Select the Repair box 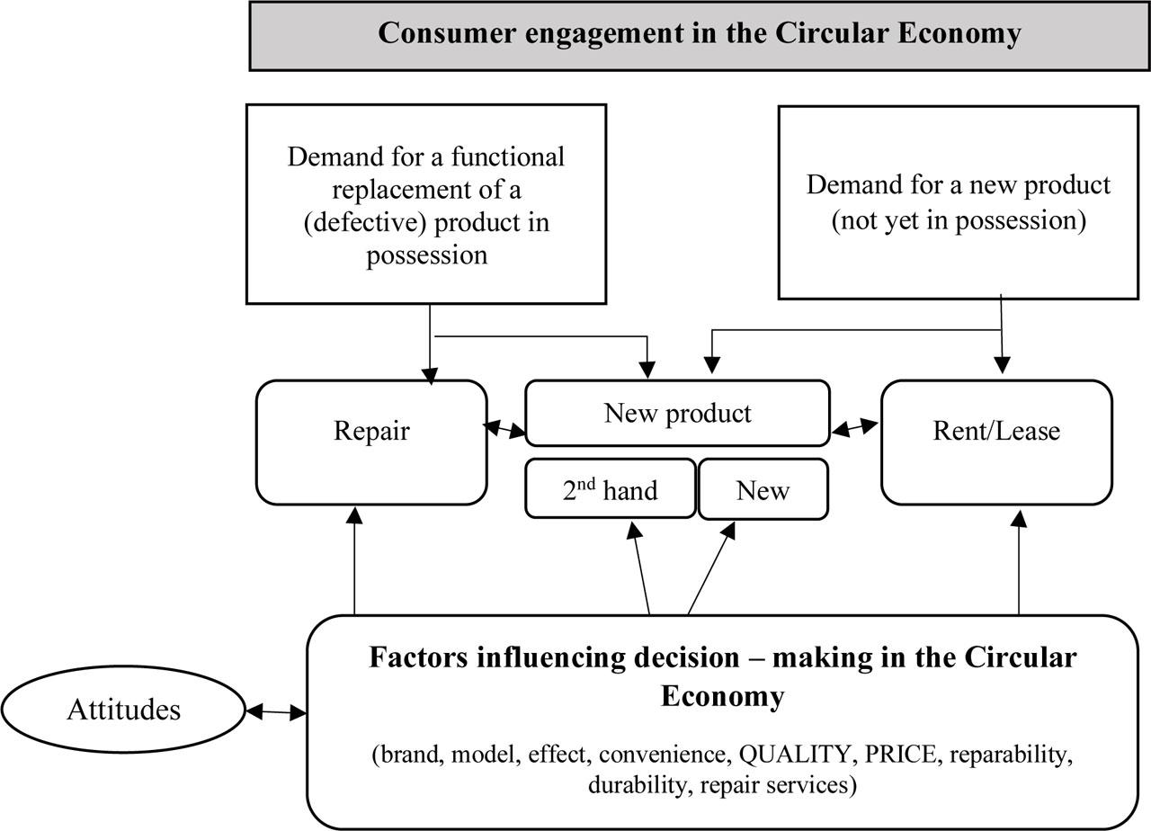[x=371, y=441]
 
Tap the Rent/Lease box [x=996, y=441]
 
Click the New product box [x=677, y=413]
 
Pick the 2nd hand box [x=610, y=490]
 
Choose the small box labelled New [x=763, y=490]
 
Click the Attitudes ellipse [x=123, y=710]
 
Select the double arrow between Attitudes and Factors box [x=276, y=712]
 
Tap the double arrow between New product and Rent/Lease [x=855, y=429]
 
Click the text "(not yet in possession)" [x=958, y=220]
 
